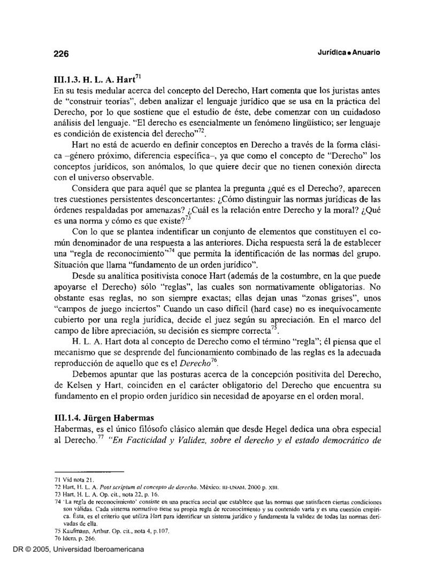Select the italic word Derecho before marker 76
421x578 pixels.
(194, 364)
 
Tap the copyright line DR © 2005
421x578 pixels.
(27, 564)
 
